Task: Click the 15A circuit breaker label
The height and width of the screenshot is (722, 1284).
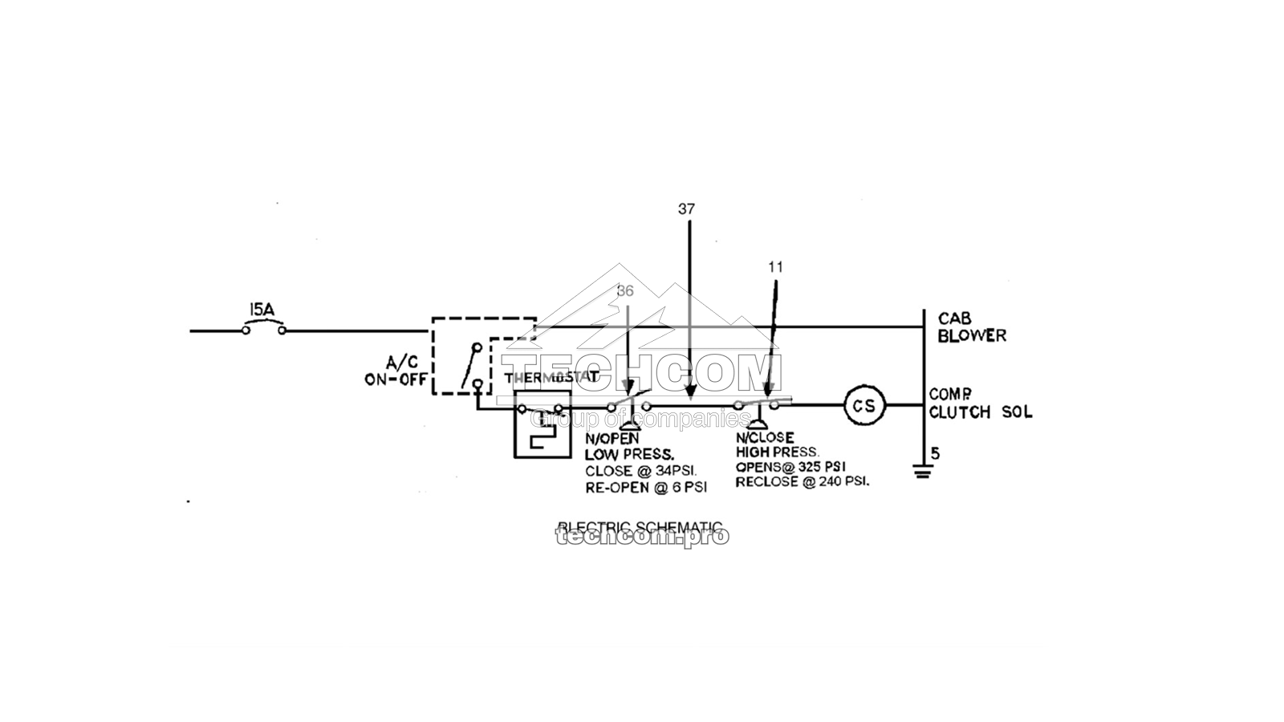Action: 262,309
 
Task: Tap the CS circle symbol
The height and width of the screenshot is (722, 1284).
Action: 863,406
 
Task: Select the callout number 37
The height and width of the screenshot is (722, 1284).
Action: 686,209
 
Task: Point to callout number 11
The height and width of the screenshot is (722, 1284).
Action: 774,267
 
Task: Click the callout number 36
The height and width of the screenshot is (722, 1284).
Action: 625,291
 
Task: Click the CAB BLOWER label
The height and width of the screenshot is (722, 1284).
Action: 971,327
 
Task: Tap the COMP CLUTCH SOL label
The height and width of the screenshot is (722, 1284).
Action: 980,404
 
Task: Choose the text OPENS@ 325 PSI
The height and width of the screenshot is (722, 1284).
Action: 790,467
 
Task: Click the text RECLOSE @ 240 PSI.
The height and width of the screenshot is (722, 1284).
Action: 802,482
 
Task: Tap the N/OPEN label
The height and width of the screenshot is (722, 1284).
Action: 612,439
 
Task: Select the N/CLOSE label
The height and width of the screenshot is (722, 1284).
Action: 765,438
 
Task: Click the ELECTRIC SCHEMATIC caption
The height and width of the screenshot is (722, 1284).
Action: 640,527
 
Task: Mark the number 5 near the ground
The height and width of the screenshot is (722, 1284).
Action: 935,454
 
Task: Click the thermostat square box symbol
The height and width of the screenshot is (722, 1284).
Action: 542,424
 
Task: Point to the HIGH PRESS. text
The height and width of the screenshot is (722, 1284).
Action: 778,452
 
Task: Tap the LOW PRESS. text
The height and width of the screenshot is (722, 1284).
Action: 628,455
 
